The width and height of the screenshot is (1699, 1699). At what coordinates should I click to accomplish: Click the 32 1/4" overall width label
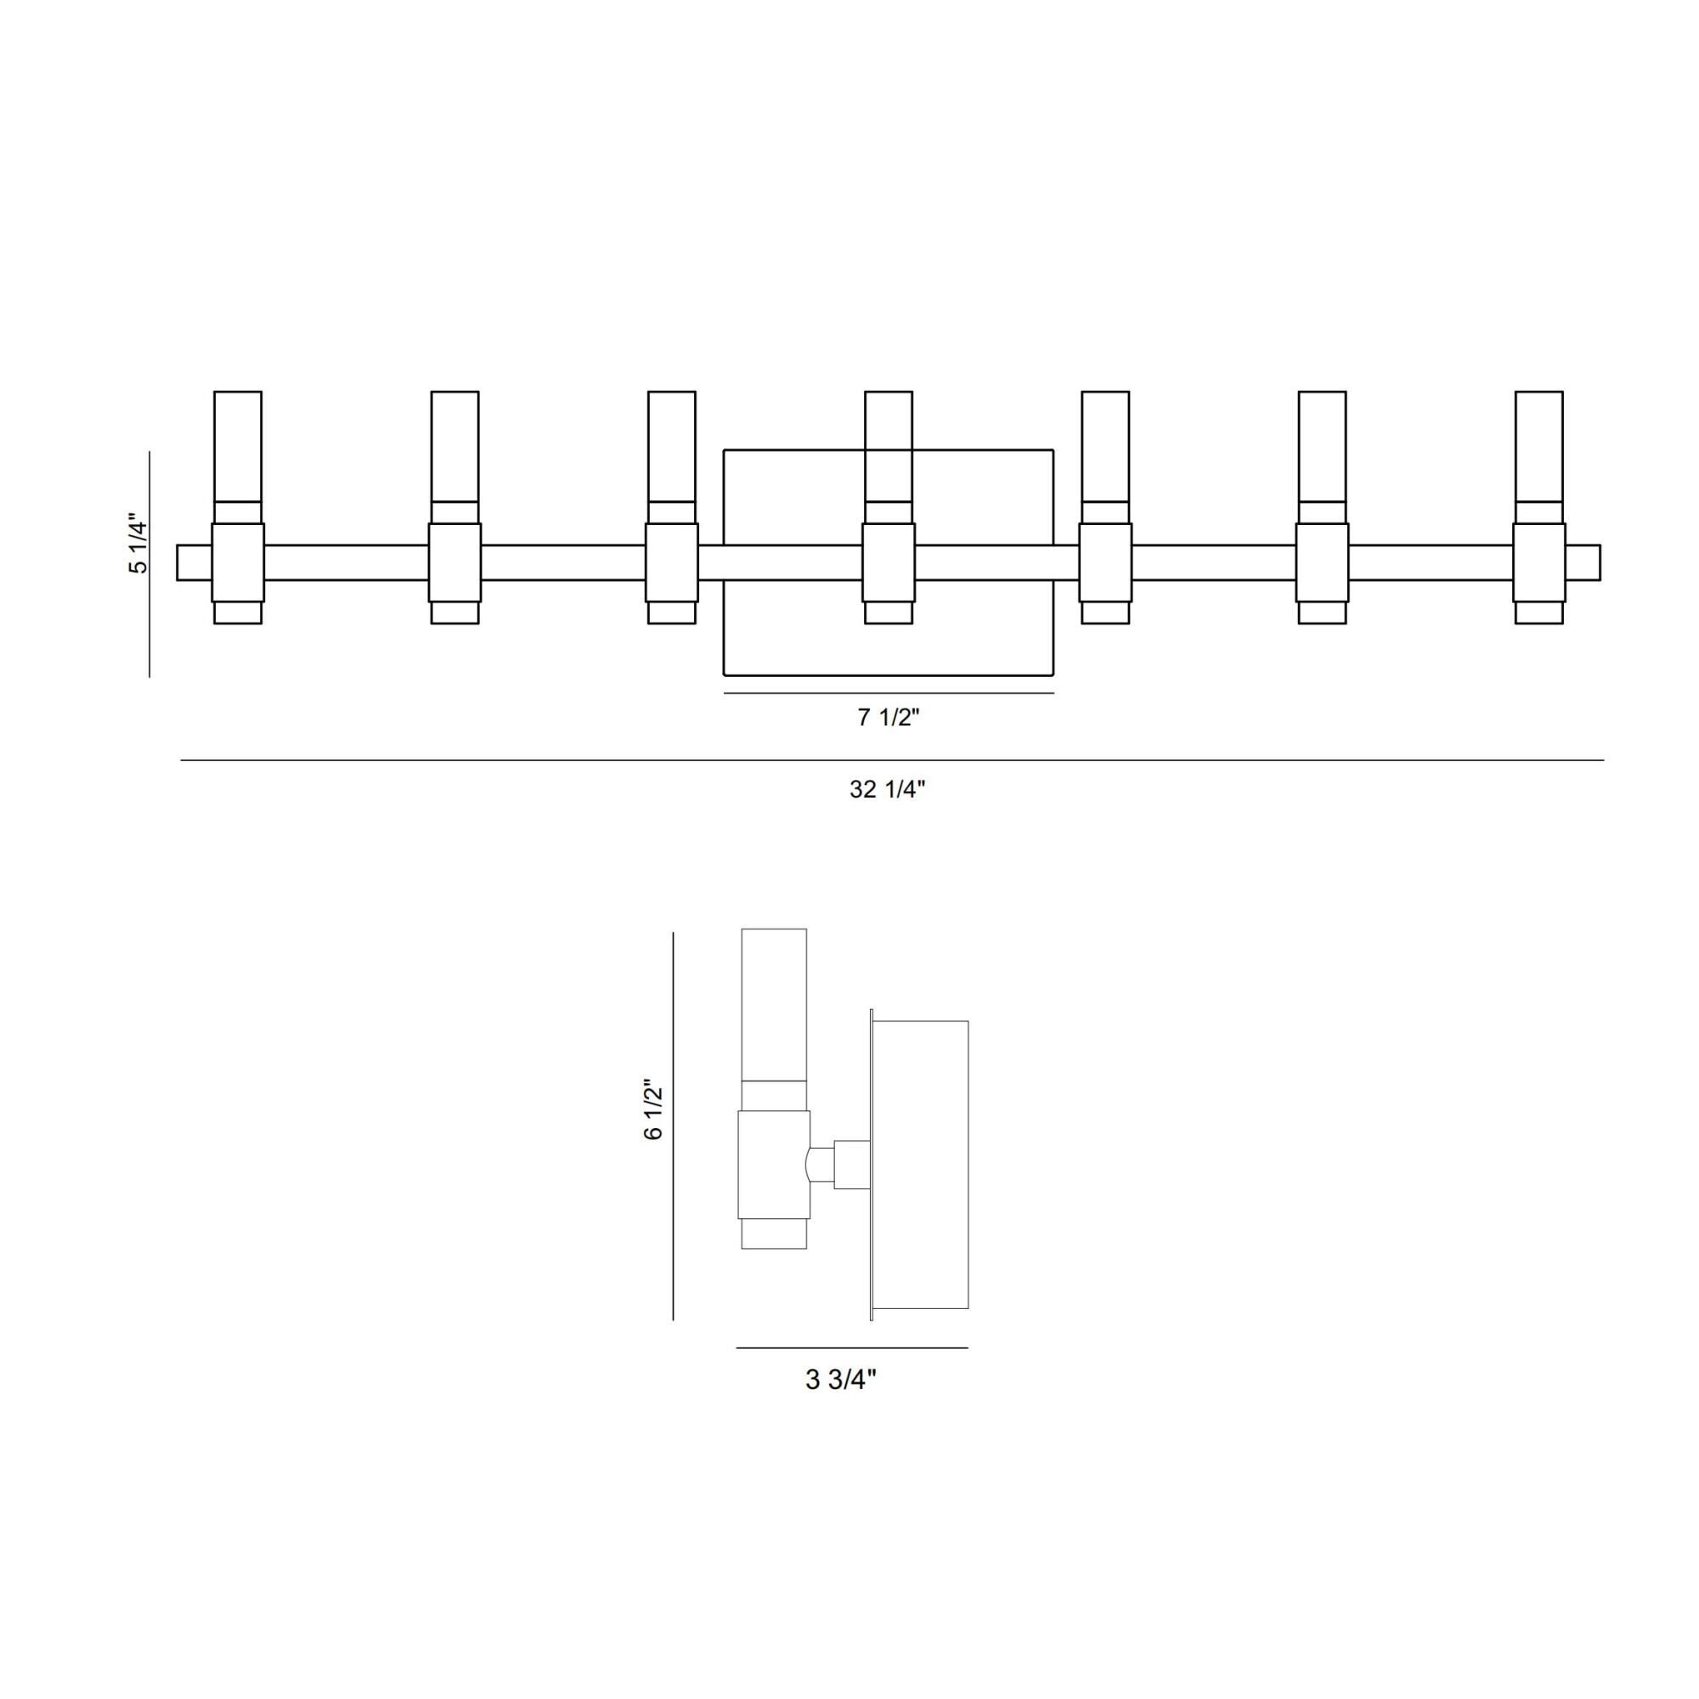888,789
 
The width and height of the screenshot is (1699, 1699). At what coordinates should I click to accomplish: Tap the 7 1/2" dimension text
889,718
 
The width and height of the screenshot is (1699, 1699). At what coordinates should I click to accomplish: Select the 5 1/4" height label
139,544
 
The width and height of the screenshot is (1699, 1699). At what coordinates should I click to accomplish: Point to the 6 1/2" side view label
653,1109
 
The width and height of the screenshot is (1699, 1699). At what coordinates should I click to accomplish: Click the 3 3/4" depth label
842,1380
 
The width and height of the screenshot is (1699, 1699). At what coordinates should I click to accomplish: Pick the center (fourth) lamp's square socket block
889,563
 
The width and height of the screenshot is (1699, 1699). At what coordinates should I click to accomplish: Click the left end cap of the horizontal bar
195,563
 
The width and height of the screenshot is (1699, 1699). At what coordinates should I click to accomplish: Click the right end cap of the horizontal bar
1583,563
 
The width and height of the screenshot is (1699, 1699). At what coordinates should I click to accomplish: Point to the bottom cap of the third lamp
672,613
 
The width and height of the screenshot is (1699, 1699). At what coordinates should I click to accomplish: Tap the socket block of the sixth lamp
1323,563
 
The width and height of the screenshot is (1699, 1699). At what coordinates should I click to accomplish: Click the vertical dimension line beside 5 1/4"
150,565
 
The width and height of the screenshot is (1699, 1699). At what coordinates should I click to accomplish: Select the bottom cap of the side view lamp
774,1233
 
